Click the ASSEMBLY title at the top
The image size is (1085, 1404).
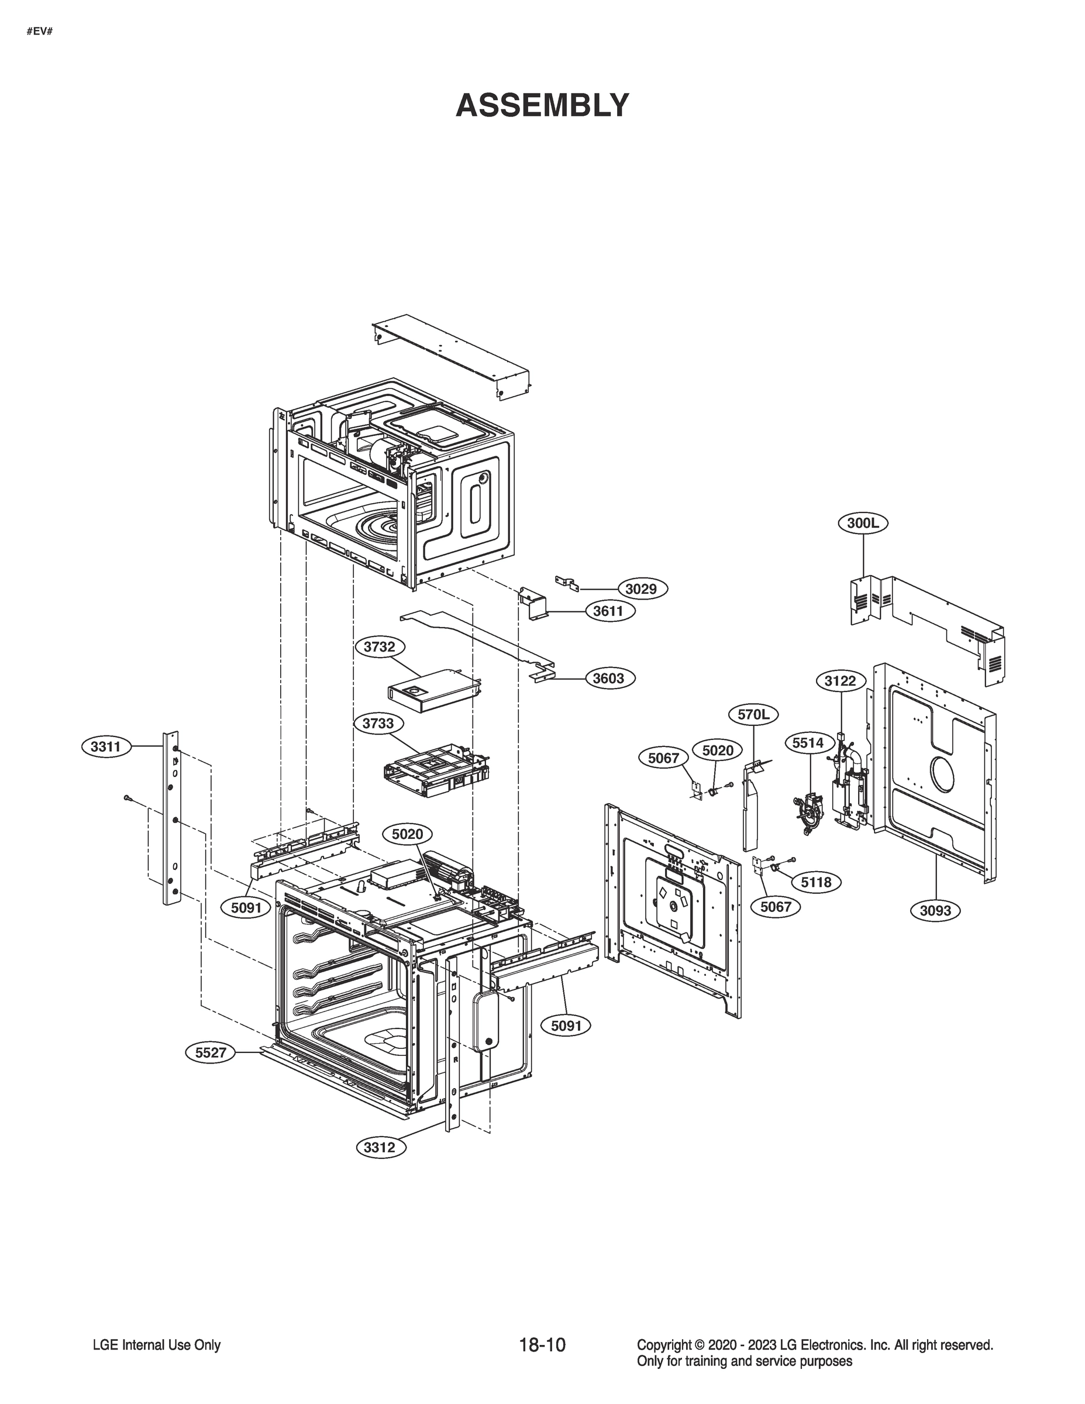[x=542, y=105]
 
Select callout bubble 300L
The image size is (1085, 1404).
[x=863, y=524]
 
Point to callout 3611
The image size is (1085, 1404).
[x=608, y=611]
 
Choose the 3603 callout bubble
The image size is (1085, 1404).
[x=608, y=678]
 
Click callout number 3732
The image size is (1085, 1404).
[x=379, y=646]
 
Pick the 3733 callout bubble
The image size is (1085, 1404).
[x=378, y=723]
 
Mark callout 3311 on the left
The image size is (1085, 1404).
[x=106, y=746]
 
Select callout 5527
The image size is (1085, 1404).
[x=210, y=1052]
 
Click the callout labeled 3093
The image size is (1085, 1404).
[x=935, y=910]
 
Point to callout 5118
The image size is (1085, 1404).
[x=817, y=883]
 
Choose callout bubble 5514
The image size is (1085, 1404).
[x=807, y=743]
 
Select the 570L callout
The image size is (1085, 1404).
[x=753, y=714]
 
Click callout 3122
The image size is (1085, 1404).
[x=840, y=681]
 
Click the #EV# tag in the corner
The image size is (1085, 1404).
[x=39, y=30]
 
